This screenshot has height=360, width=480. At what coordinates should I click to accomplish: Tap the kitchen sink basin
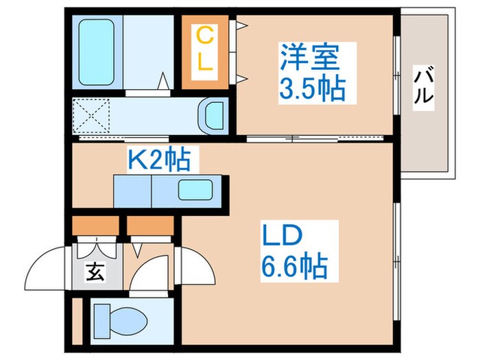pos(197,190)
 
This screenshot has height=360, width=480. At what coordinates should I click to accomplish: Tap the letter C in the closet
pos(204,34)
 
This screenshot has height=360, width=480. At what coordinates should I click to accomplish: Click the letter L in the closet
pos(204,63)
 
